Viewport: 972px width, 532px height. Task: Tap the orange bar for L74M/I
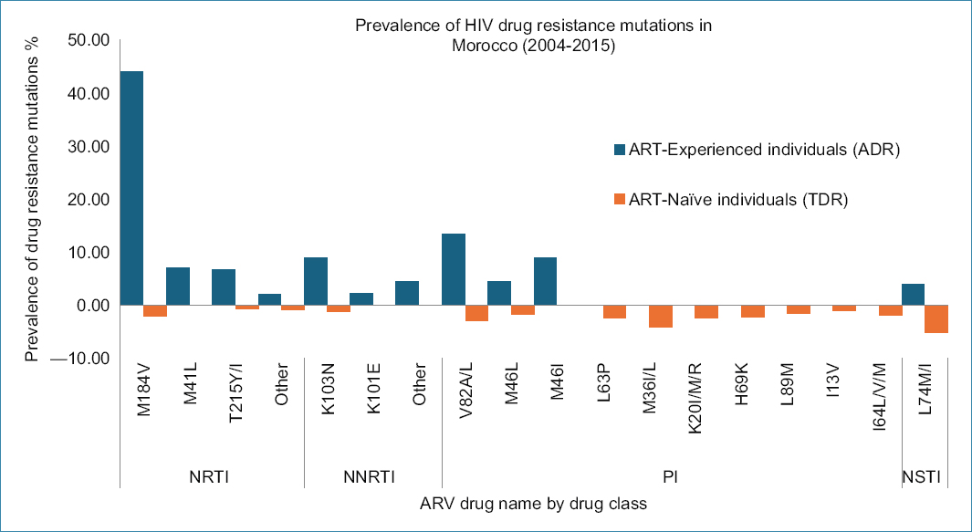[936, 319]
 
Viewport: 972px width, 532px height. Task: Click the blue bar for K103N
[315, 281]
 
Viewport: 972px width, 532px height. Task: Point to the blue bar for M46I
[545, 281]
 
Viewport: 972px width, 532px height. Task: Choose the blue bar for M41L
[178, 286]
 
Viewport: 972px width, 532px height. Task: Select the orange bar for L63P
[614, 311]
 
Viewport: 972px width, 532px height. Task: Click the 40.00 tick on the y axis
[89, 93]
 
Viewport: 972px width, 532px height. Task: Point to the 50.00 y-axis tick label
[89, 40]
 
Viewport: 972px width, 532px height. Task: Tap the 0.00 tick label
[93, 305]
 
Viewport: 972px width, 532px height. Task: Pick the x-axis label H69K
[740, 391]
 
